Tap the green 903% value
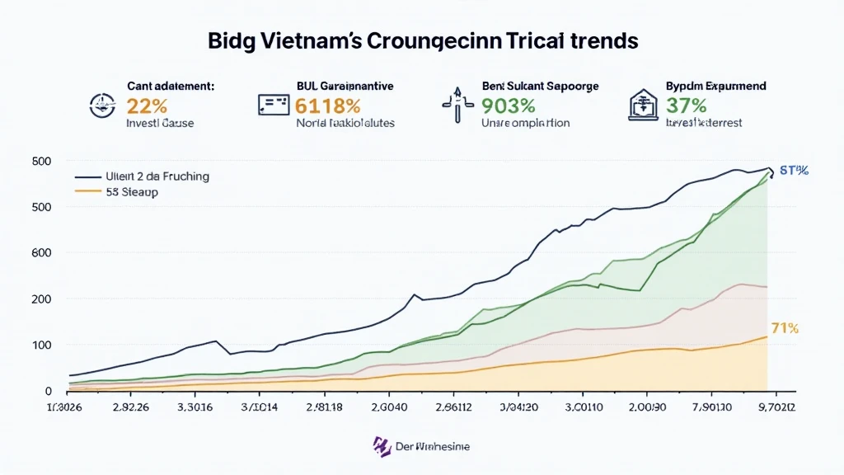pyautogui.click(x=509, y=106)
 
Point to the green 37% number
pyautogui.click(x=687, y=106)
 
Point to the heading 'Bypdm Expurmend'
pyautogui.click(x=715, y=86)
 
